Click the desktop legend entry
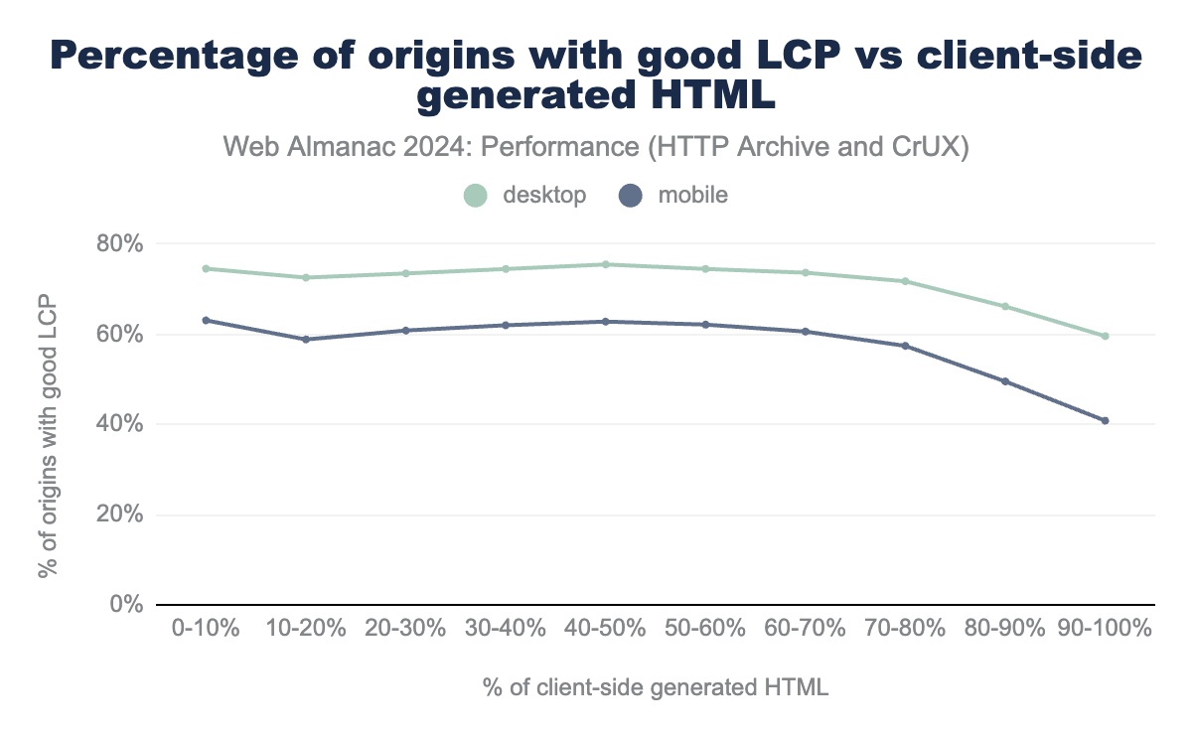tap(525, 195)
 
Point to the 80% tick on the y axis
tap(120, 243)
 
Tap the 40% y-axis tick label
tap(120, 424)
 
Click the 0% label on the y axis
tap(126, 604)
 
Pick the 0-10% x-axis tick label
tap(206, 629)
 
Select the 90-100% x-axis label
tap(1104, 629)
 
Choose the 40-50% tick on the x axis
tap(605, 629)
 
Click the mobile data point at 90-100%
tap(1105, 421)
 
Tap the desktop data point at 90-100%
tap(1105, 336)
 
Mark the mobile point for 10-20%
tap(306, 340)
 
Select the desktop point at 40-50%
tap(605, 264)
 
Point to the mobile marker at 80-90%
tap(1005, 381)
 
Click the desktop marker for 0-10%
tap(206, 268)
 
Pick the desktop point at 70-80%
tap(905, 281)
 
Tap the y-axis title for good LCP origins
tap(47, 437)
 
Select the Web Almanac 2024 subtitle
tap(596, 147)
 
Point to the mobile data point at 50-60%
tap(705, 325)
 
